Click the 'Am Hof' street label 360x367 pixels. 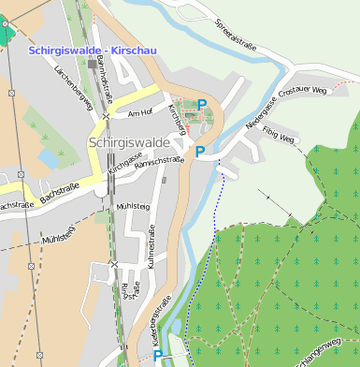pos(138,113)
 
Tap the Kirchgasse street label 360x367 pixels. pos(123,164)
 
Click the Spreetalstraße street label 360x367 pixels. pos(235,37)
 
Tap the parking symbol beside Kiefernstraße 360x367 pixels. pos(157,356)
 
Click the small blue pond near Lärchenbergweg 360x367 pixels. pos(48,158)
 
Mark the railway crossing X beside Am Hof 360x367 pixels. pos(108,116)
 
